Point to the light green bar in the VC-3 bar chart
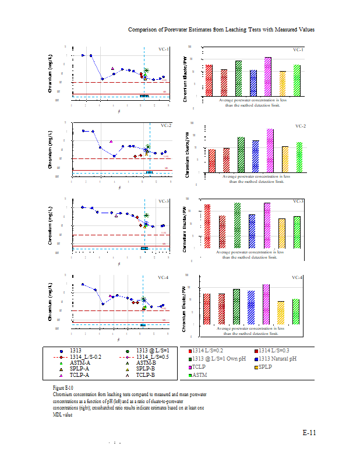coord(297,232)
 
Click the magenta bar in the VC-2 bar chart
coord(270,150)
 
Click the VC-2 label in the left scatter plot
coord(165,125)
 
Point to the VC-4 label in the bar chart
coord(297,278)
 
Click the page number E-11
coord(309,433)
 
